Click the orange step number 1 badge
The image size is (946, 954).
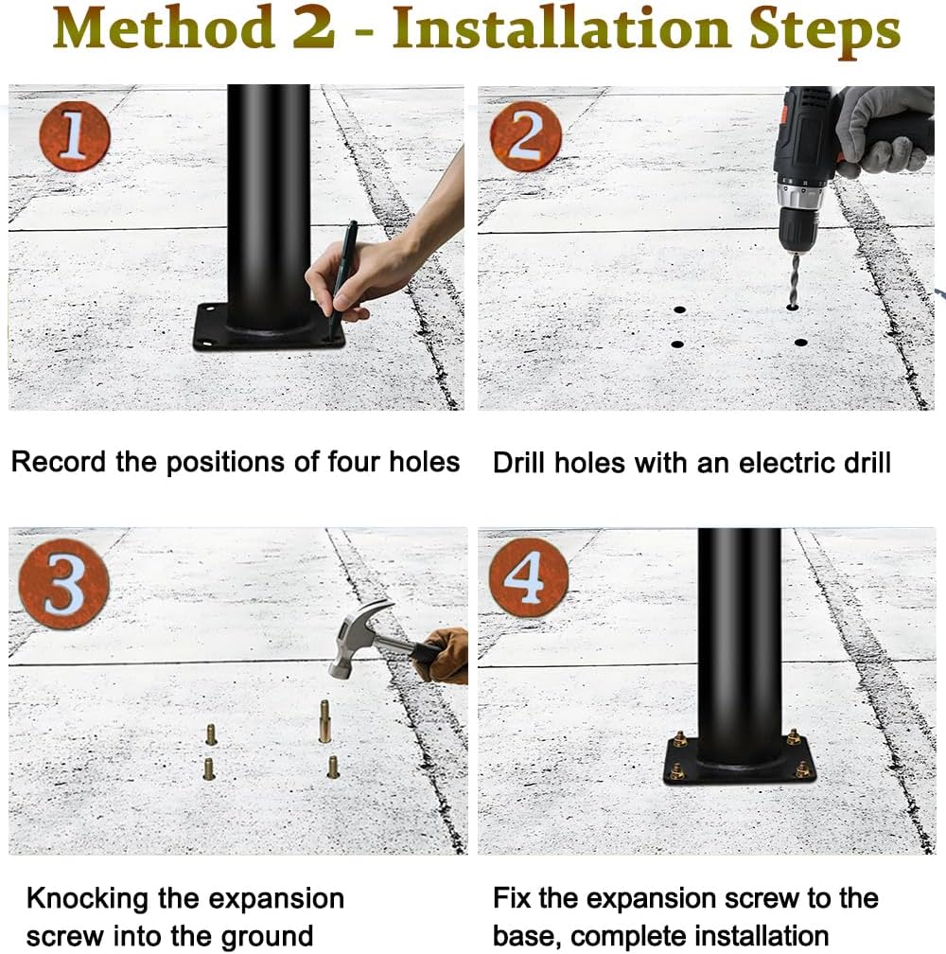click(x=75, y=135)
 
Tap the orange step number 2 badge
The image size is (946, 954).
click(x=526, y=135)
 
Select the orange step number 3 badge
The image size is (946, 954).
click(x=64, y=583)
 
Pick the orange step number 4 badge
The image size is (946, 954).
click(x=529, y=577)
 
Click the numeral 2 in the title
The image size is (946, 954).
click(x=314, y=27)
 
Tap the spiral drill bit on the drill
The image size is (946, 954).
click(x=795, y=280)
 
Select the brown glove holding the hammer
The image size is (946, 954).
click(x=443, y=657)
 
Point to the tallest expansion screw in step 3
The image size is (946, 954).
click(x=325, y=721)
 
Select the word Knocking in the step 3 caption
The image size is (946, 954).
click(x=88, y=899)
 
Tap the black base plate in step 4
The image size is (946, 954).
click(x=739, y=761)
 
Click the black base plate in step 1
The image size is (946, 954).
click(x=269, y=328)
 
